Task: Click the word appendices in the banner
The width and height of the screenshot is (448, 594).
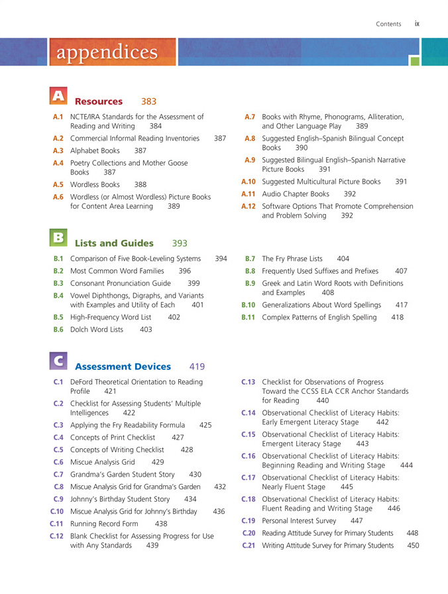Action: [107, 52]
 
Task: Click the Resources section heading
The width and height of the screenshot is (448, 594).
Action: [99, 101]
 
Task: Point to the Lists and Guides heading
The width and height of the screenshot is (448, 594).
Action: [114, 243]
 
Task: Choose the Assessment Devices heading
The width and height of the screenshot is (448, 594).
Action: [123, 367]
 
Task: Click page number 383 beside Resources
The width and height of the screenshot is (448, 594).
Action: [149, 101]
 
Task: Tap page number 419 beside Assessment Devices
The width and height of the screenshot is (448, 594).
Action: [197, 367]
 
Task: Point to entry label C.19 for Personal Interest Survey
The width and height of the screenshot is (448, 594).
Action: [249, 520]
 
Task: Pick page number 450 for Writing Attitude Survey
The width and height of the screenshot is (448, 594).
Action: [413, 545]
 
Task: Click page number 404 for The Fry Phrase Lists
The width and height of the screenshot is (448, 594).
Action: [343, 259]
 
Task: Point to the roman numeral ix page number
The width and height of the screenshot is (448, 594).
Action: [418, 23]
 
